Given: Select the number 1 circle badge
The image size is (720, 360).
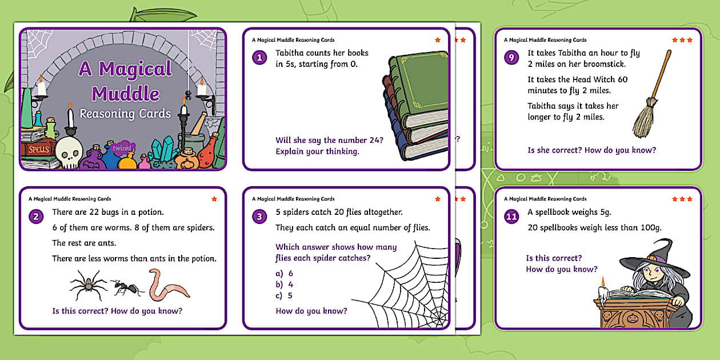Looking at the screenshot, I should coord(260,57).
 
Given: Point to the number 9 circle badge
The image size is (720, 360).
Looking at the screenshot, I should coord(512,57).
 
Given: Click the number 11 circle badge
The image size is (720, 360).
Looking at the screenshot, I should coord(512,217).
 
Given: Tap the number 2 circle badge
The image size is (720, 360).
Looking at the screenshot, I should coord(37,217).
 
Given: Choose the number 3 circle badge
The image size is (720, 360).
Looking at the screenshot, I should coord(260,217).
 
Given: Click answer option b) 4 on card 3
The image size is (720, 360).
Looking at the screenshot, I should coord(285,285).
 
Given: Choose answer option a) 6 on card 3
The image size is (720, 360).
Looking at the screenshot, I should coord(285,273).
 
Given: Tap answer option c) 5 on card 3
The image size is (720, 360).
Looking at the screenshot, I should coord(285,295).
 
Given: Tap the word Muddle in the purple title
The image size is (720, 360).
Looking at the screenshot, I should coord(126,93).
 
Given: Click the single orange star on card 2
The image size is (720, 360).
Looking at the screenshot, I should coord(214,199).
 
